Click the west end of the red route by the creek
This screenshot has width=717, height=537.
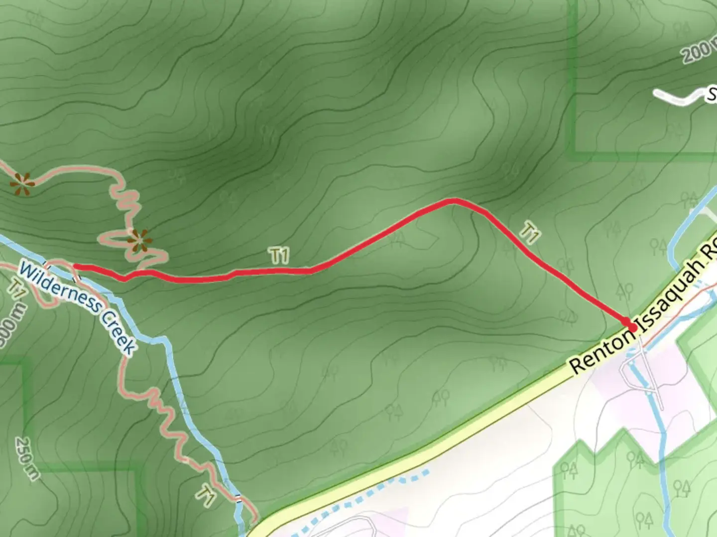tap(76, 268)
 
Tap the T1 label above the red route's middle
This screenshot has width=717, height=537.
tap(279, 256)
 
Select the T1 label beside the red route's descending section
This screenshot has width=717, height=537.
tap(530, 233)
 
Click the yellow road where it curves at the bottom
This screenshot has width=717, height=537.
tap(279, 520)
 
